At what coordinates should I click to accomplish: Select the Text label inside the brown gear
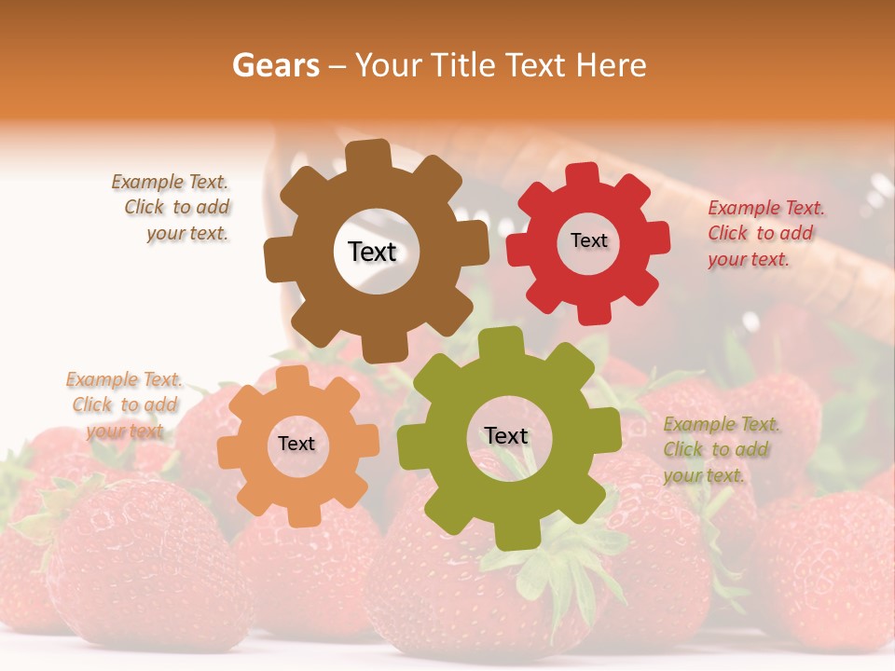pos(372,252)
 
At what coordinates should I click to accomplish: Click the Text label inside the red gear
pos(588,240)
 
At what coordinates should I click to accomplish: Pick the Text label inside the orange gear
pos(296,444)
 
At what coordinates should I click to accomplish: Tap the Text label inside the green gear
pos(506,435)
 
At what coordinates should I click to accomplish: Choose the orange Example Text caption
pos(124,404)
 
